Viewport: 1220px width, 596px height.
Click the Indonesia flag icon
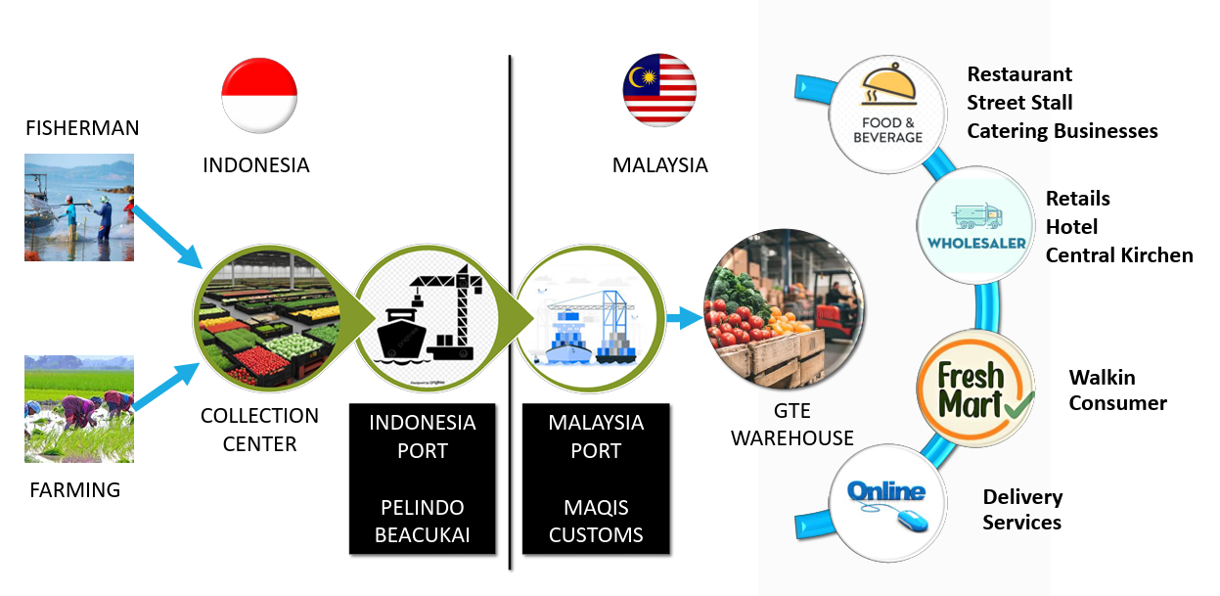click(x=259, y=95)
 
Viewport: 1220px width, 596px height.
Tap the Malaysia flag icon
click(x=659, y=90)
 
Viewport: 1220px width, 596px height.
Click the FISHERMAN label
click(x=82, y=128)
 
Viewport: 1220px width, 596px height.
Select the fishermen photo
click(x=79, y=207)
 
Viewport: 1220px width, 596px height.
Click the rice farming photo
click(x=79, y=409)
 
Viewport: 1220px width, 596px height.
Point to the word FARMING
click(x=75, y=489)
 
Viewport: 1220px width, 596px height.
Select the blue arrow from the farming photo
click(x=166, y=387)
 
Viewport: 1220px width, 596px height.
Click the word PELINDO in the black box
click(x=422, y=507)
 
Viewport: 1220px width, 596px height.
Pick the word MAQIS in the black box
click(x=596, y=507)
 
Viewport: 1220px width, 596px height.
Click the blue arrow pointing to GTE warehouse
click(x=684, y=318)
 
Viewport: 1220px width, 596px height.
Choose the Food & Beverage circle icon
click(x=887, y=115)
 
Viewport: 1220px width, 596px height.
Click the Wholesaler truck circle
click(x=976, y=225)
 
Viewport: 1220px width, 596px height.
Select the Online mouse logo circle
click(x=887, y=503)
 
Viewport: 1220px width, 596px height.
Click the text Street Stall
click(x=1019, y=103)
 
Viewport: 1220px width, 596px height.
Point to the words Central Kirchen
click(x=1119, y=255)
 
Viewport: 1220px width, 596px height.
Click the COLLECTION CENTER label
click(x=259, y=430)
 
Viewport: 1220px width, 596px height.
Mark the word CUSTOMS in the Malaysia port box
click(x=596, y=535)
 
